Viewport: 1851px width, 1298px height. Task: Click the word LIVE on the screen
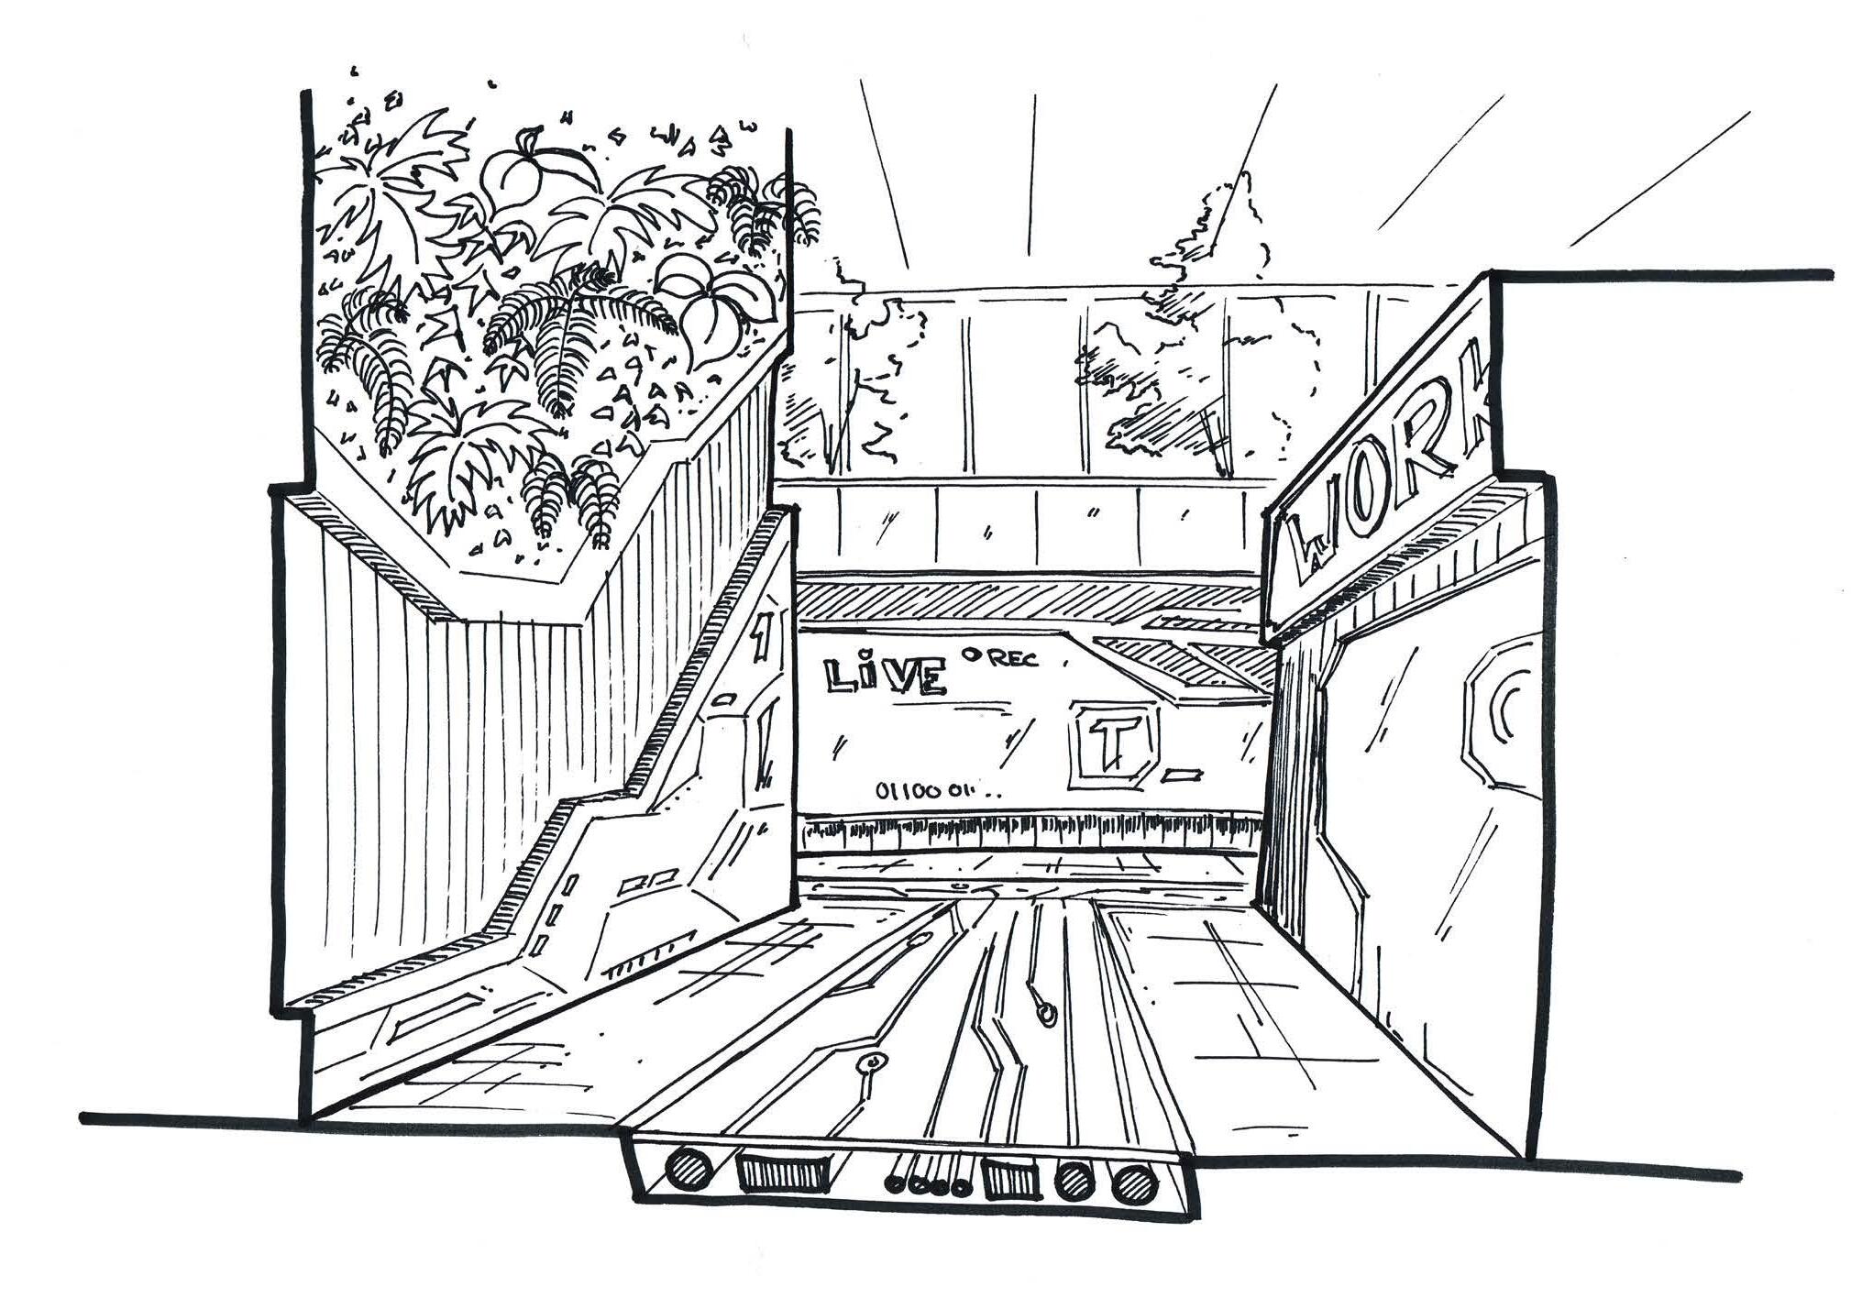(886, 674)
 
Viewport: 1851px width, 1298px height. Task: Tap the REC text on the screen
(1014, 659)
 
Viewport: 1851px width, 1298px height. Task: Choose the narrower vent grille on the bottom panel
(1011, 1178)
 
